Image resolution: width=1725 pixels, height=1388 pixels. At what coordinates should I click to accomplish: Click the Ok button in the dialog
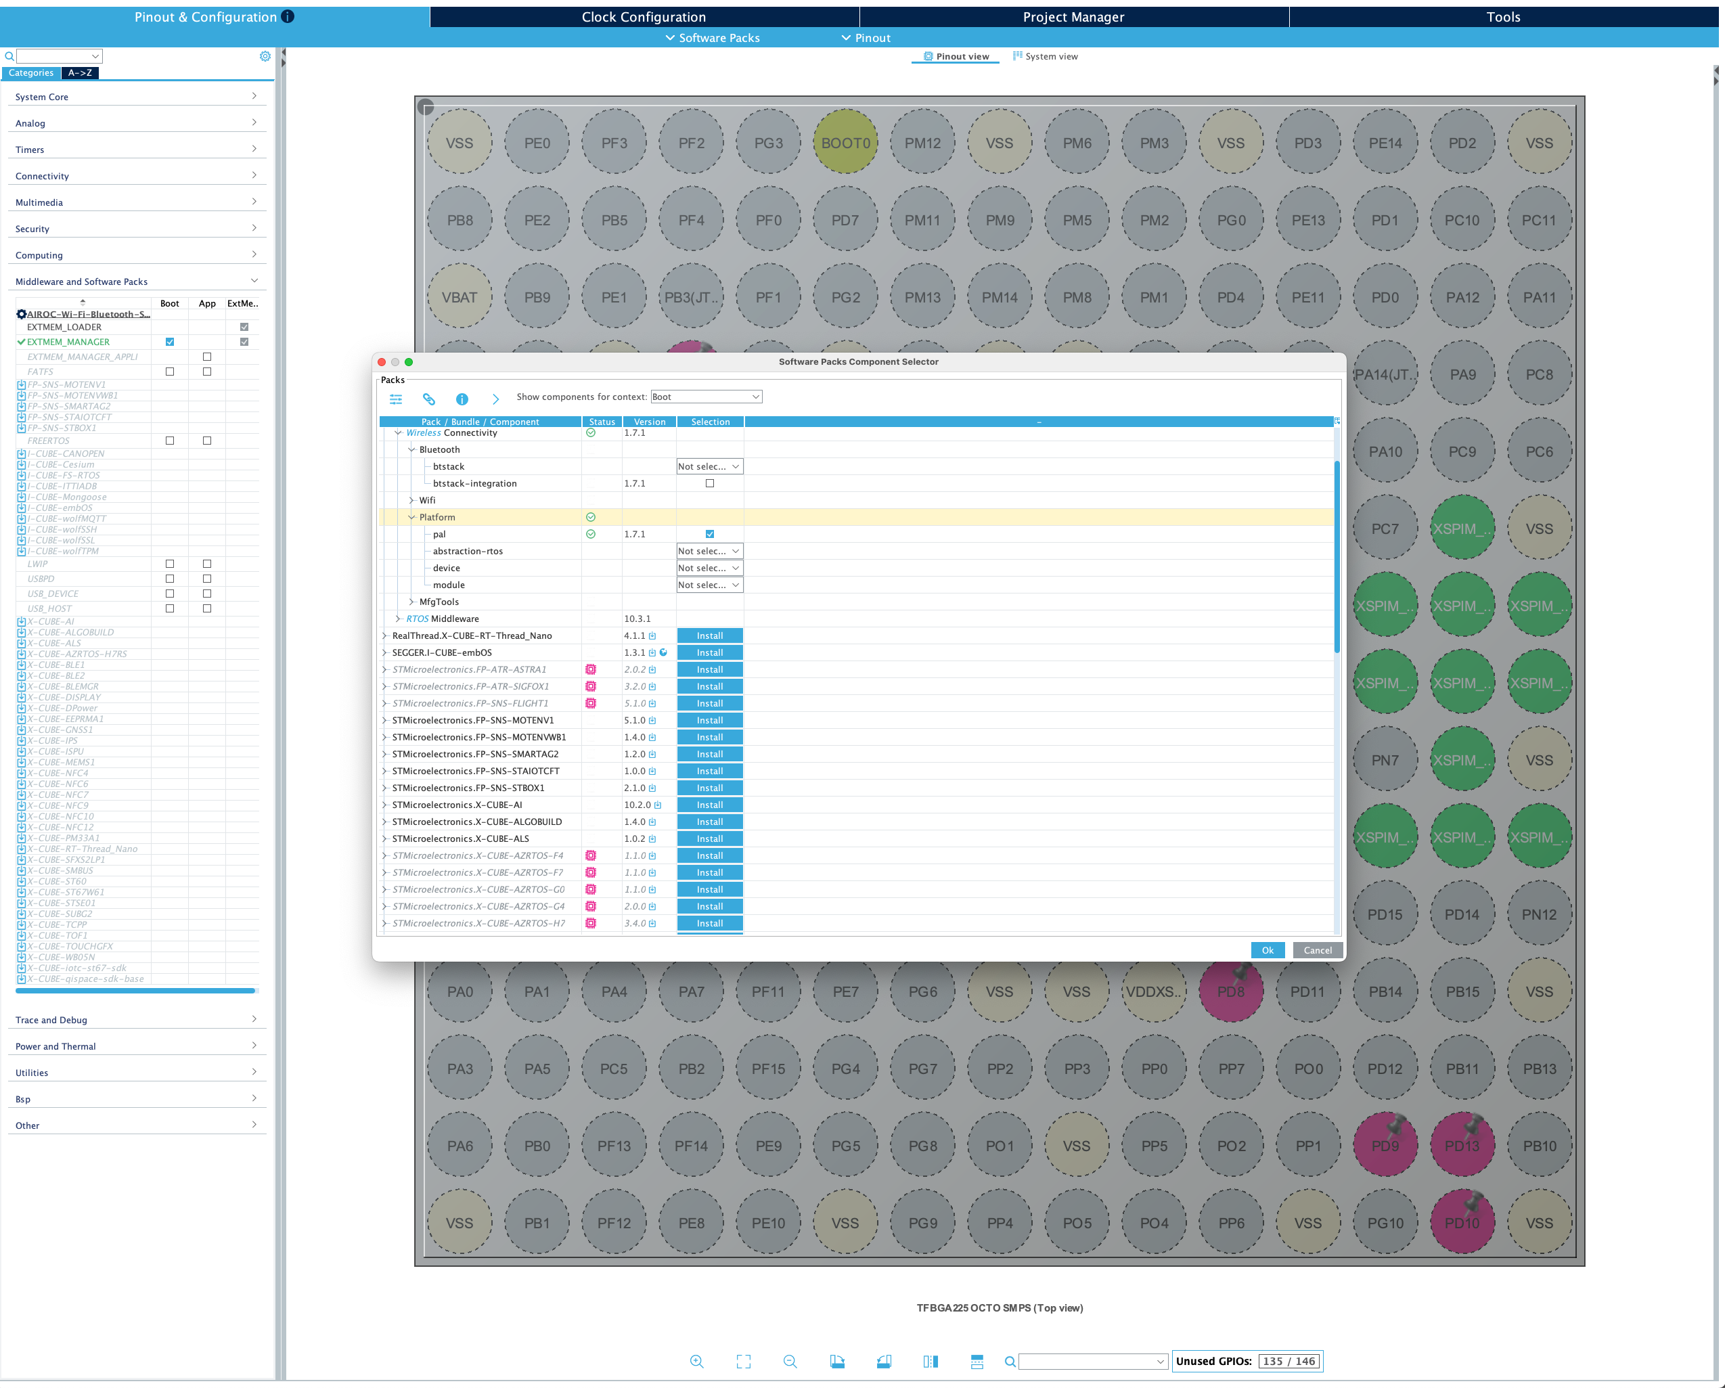tap(1267, 950)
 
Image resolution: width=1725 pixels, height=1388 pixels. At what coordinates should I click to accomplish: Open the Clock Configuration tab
tap(644, 17)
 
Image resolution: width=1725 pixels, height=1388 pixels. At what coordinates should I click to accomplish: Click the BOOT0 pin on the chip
tap(845, 143)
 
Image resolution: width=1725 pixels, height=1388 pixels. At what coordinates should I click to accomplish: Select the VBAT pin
tap(460, 298)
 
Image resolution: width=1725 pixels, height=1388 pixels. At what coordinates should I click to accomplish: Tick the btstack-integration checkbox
tap(709, 483)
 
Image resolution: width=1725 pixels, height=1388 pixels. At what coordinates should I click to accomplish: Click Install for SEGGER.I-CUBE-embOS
tap(709, 653)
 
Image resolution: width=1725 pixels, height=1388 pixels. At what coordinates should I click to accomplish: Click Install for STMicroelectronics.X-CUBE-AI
tap(709, 805)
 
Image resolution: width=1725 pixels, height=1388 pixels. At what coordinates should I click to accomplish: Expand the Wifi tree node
tap(411, 501)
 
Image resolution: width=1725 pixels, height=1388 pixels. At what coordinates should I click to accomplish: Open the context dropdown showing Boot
tap(706, 397)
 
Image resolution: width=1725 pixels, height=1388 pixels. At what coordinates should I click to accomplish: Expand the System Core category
tap(136, 97)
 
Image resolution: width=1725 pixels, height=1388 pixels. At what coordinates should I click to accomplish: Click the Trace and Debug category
tap(136, 1020)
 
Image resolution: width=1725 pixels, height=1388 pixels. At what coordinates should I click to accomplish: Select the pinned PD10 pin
tap(1461, 1223)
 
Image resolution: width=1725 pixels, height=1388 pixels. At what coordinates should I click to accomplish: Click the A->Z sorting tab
tap(79, 73)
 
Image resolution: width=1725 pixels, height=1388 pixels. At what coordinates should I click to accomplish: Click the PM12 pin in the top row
tap(922, 143)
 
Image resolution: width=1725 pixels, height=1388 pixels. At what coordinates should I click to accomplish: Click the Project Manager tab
tap(1073, 17)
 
